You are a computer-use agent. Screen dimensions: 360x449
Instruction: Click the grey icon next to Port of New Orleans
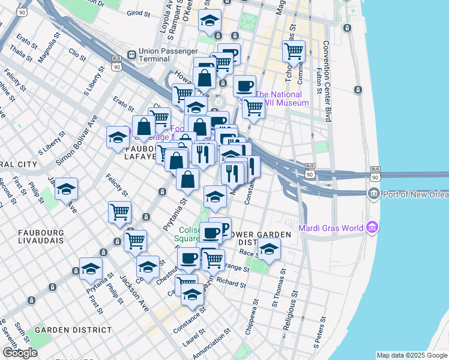pyautogui.click(x=373, y=193)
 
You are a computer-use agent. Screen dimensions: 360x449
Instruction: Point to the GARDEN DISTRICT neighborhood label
pyautogui.click(x=73, y=330)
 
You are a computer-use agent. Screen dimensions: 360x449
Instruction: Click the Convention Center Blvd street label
pyautogui.click(x=327, y=81)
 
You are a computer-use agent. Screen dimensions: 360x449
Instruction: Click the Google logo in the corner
pyautogui.click(x=20, y=353)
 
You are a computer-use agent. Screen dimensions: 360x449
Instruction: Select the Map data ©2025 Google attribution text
pyautogui.click(x=411, y=355)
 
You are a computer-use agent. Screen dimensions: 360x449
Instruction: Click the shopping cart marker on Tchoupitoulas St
pyautogui.click(x=294, y=52)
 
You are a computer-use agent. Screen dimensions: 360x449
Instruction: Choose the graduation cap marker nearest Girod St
pyautogui.click(x=209, y=21)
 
